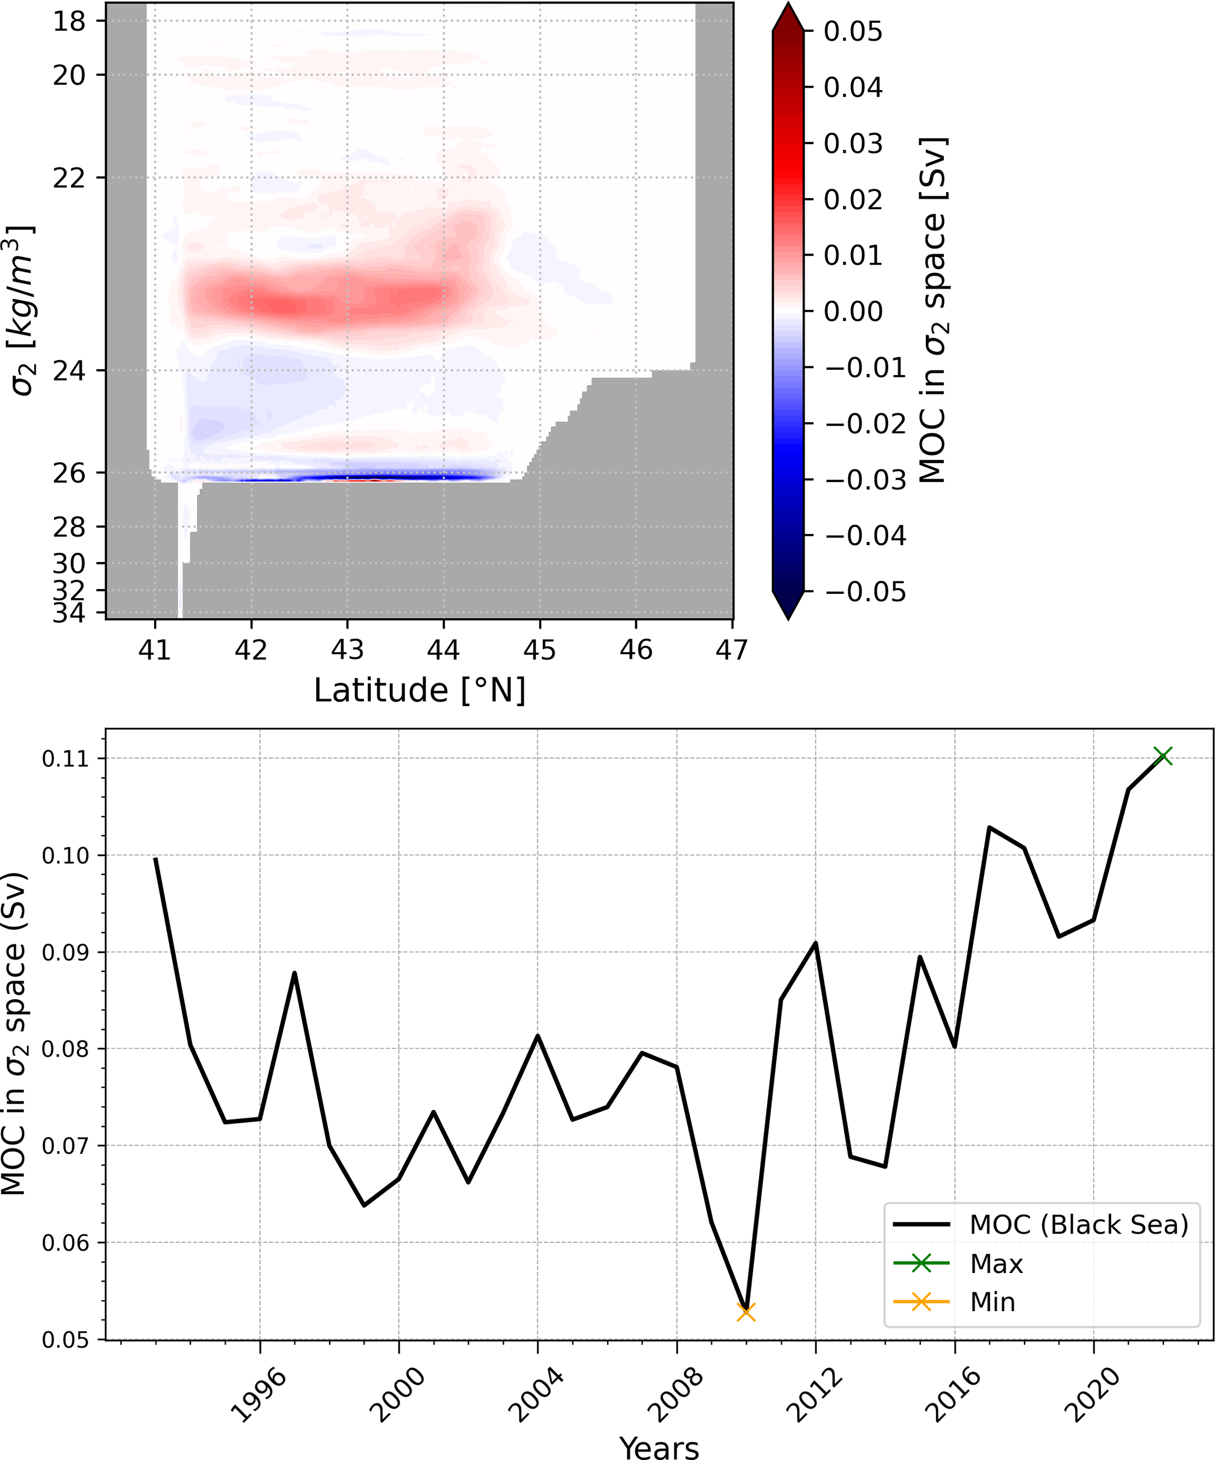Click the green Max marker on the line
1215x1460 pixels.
(x=1163, y=756)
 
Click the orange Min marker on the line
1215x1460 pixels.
(x=746, y=1312)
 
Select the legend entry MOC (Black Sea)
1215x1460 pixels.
(x=1079, y=1224)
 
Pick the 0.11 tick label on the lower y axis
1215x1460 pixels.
(x=66, y=759)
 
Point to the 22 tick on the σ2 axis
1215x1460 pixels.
(x=69, y=178)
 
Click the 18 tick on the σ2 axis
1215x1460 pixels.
(x=69, y=22)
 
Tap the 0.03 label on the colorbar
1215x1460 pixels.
(x=853, y=144)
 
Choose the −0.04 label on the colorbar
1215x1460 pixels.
(x=865, y=535)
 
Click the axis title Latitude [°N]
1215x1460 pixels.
(x=420, y=690)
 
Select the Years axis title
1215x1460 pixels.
(x=659, y=1448)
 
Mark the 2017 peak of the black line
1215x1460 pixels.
(x=989, y=827)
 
